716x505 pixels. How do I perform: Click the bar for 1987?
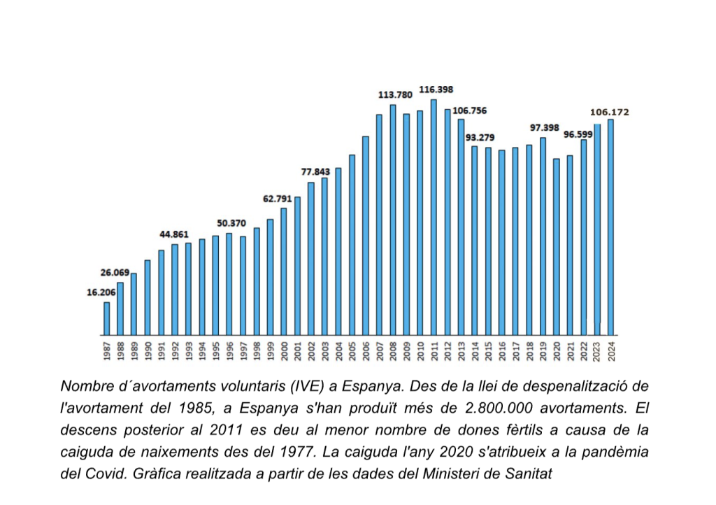(106, 318)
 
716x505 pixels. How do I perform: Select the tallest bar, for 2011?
(434, 217)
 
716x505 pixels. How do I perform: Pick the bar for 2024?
(610, 227)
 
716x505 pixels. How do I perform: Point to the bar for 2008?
(392, 220)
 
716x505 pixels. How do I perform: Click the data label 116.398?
(436, 90)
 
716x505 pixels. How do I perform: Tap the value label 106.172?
(609, 111)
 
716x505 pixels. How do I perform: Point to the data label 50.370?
(231, 223)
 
